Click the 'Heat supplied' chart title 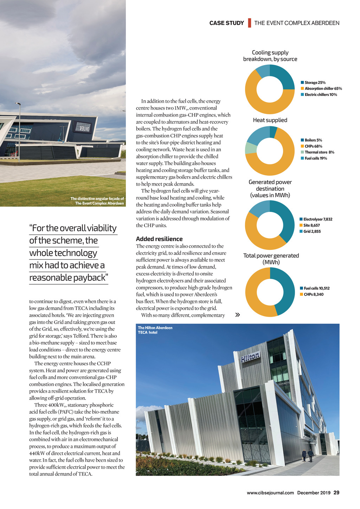point(270,120)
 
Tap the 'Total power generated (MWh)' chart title point(271,259)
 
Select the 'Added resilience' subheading point(159,239)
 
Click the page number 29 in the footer point(336,492)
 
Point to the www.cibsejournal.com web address point(270,493)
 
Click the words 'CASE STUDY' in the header point(226,23)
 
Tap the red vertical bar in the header point(249,23)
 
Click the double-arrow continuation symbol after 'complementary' point(238,315)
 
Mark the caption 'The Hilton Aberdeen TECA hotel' point(155,330)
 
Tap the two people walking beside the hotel point(307,455)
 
